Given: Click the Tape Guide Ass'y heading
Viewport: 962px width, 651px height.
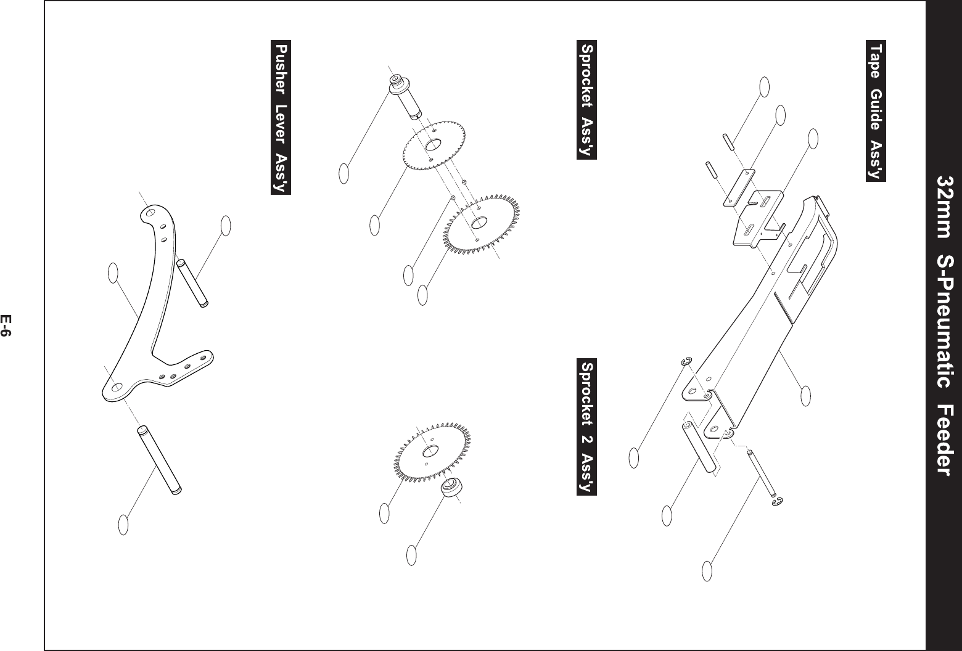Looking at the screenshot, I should pyautogui.click(x=875, y=112).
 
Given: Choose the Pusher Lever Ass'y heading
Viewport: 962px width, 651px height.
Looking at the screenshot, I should pyautogui.click(x=281, y=117).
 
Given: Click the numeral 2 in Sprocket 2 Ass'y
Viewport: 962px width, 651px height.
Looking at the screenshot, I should pyautogui.click(x=586, y=425).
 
